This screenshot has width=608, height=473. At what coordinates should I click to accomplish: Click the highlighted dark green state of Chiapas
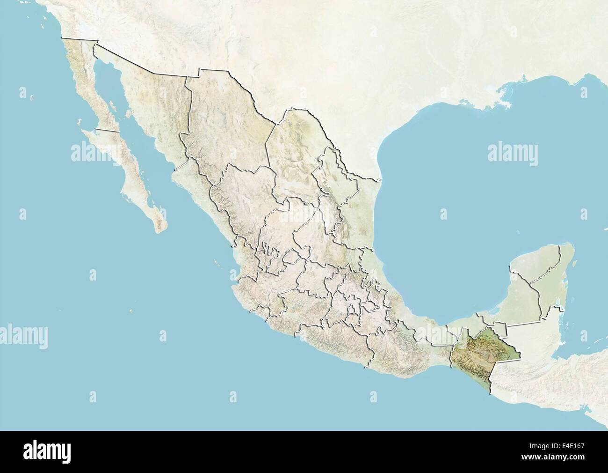click(x=482, y=356)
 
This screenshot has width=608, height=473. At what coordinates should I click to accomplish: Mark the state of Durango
click(x=243, y=197)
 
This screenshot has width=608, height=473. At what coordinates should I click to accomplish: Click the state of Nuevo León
click(x=327, y=187)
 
